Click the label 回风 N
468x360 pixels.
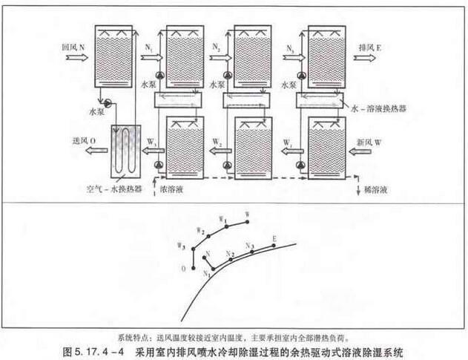(72, 45)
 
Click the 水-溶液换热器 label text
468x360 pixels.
(386, 108)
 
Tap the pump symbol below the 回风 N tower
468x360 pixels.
(108, 102)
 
